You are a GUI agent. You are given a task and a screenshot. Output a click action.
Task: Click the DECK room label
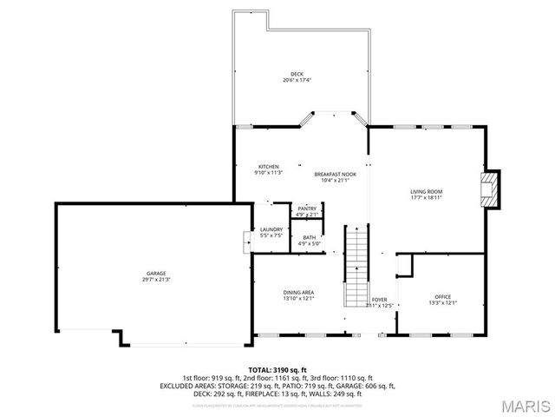click(297, 74)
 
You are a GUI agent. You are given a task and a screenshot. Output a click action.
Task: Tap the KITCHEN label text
click(268, 166)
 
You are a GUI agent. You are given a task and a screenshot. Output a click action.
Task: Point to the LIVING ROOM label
click(426, 191)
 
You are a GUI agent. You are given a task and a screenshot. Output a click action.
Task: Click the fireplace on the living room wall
click(492, 189)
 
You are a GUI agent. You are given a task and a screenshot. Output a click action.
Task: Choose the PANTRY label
click(307, 208)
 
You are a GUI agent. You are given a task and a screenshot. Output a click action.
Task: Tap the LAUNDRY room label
click(271, 229)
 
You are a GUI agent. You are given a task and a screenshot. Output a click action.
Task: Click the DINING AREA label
click(298, 292)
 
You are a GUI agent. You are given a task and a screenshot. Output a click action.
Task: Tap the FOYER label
click(380, 299)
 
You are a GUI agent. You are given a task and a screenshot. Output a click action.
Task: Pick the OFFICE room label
click(442, 297)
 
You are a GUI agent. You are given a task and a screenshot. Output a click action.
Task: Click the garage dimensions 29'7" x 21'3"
click(156, 279)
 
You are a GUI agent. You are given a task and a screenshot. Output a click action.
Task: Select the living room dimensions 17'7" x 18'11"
click(426, 197)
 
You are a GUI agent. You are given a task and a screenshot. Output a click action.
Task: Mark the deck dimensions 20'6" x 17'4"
click(297, 80)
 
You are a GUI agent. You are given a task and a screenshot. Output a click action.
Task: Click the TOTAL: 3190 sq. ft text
click(277, 370)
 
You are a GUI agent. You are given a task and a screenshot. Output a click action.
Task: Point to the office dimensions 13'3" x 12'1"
click(442, 303)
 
